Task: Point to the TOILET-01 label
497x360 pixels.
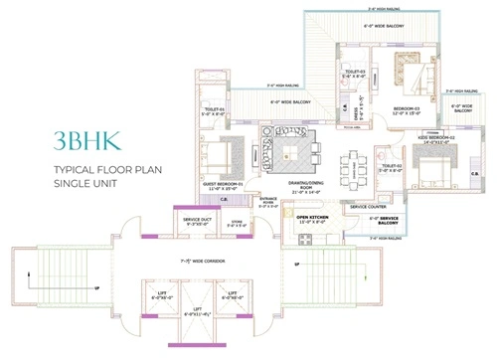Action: click(216, 110)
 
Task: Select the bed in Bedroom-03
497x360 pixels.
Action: click(410, 76)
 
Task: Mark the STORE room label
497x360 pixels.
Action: click(238, 224)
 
